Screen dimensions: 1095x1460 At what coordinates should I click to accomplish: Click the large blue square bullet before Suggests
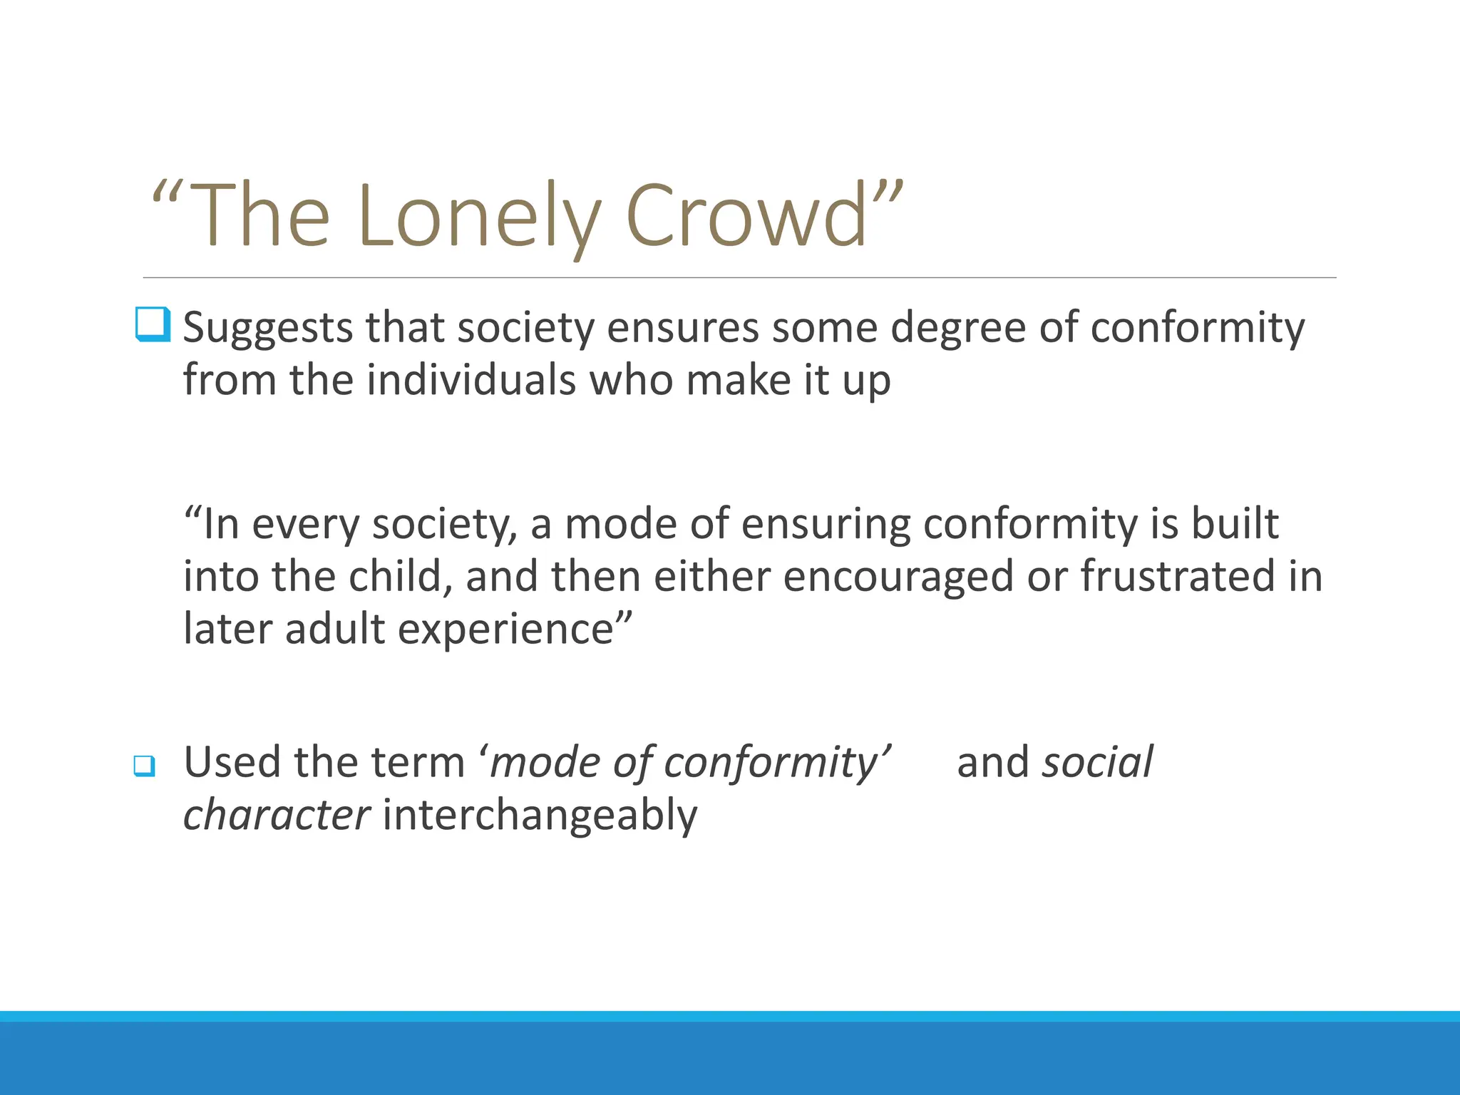pyautogui.click(x=153, y=324)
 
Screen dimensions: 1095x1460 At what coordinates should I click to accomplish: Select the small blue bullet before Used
pyautogui.click(x=144, y=766)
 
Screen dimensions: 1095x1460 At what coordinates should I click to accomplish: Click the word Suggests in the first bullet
pyautogui.click(x=267, y=329)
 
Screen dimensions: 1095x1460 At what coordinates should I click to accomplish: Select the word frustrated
pyautogui.click(x=1178, y=577)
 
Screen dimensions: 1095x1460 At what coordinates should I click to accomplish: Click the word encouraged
pyautogui.click(x=898, y=577)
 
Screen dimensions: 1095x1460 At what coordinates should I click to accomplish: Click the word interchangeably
pyautogui.click(x=540, y=816)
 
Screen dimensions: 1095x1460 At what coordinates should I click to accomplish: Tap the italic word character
pyautogui.click(x=276, y=816)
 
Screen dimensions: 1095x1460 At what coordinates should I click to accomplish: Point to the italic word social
pyautogui.click(x=1097, y=762)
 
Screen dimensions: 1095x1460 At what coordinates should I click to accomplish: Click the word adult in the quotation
pyautogui.click(x=334, y=630)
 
